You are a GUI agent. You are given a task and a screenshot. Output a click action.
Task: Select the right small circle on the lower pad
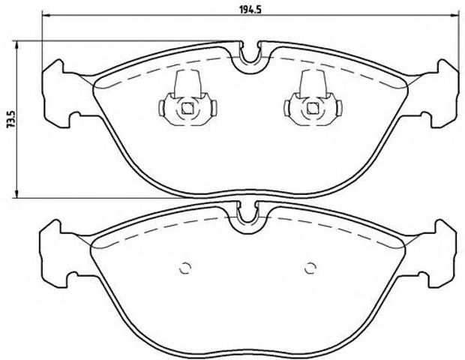tap(310, 267)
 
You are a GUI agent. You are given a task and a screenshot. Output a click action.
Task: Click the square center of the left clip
tap(187, 111)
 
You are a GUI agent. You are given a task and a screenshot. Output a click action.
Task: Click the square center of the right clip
tap(311, 111)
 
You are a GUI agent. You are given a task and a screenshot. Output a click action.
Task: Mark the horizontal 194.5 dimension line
tap(150, 16)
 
